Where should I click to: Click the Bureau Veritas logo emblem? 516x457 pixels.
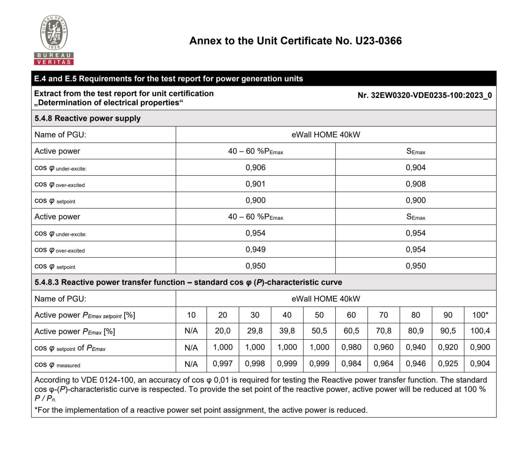(54, 33)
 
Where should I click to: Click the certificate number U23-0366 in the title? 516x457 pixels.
(378, 41)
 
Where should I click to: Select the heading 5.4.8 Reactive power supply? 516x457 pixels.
(87, 118)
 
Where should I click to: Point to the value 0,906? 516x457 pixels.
(255, 168)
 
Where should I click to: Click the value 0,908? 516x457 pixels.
(415, 184)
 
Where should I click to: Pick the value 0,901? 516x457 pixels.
(255, 184)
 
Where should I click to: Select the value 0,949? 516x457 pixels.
(255, 249)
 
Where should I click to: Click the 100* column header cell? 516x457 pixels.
(480, 315)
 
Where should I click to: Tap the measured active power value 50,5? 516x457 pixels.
(319, 331)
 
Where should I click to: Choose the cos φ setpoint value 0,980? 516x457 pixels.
(351, 347)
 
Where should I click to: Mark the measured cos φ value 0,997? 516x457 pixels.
(223, 364)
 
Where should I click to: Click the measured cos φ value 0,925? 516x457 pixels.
(448, 364)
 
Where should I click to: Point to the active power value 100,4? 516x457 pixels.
(480, 331)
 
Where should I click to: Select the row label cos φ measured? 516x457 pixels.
(57, 365)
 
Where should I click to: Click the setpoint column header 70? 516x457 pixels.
(383, 315)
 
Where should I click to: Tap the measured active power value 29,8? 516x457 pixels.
(255, 331)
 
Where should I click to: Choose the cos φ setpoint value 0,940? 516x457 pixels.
(415, 347)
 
